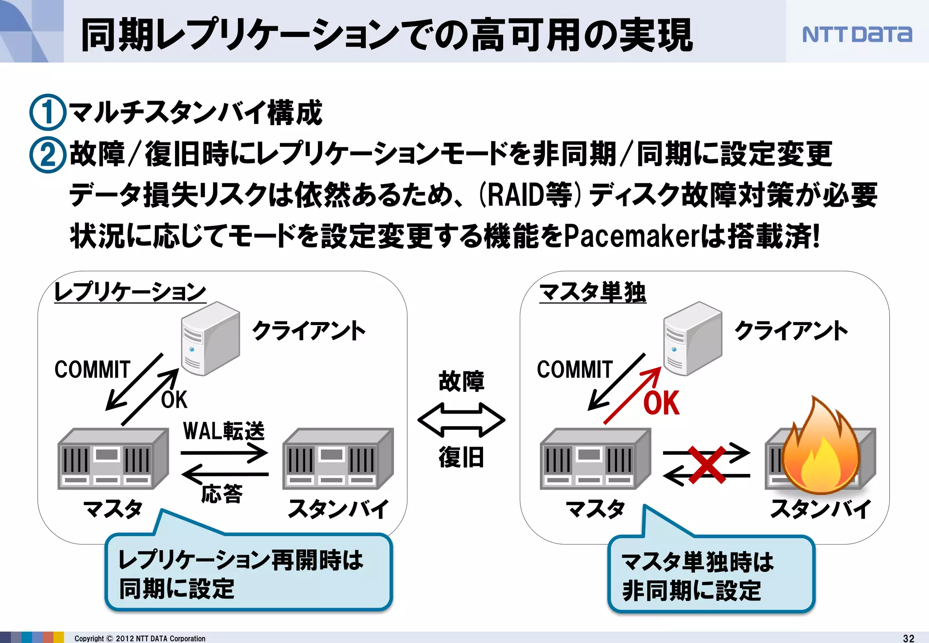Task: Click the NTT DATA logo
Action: click(x=856, y=34)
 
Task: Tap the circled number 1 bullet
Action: click(x=47, y=112)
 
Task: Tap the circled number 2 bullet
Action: click(x=47, y=154)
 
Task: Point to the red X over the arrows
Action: click(x=707, y=464)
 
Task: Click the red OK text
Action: click(x=661, y=403)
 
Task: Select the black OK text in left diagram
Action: click(x=174, y=400)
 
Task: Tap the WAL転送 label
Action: click(x=224, y=431)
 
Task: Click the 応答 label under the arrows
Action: click(x=222, y=493)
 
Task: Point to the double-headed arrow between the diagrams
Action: click(x=461, y=420)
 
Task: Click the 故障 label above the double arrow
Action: click(x=461, y=381)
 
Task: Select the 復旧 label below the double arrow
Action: click(x=461, y=457)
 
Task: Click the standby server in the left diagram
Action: click(x=337, y=458)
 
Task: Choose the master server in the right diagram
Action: click(x=595, y=458)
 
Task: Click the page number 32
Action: click(x=909, y=638)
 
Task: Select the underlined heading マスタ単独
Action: click(x=592, y=292)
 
